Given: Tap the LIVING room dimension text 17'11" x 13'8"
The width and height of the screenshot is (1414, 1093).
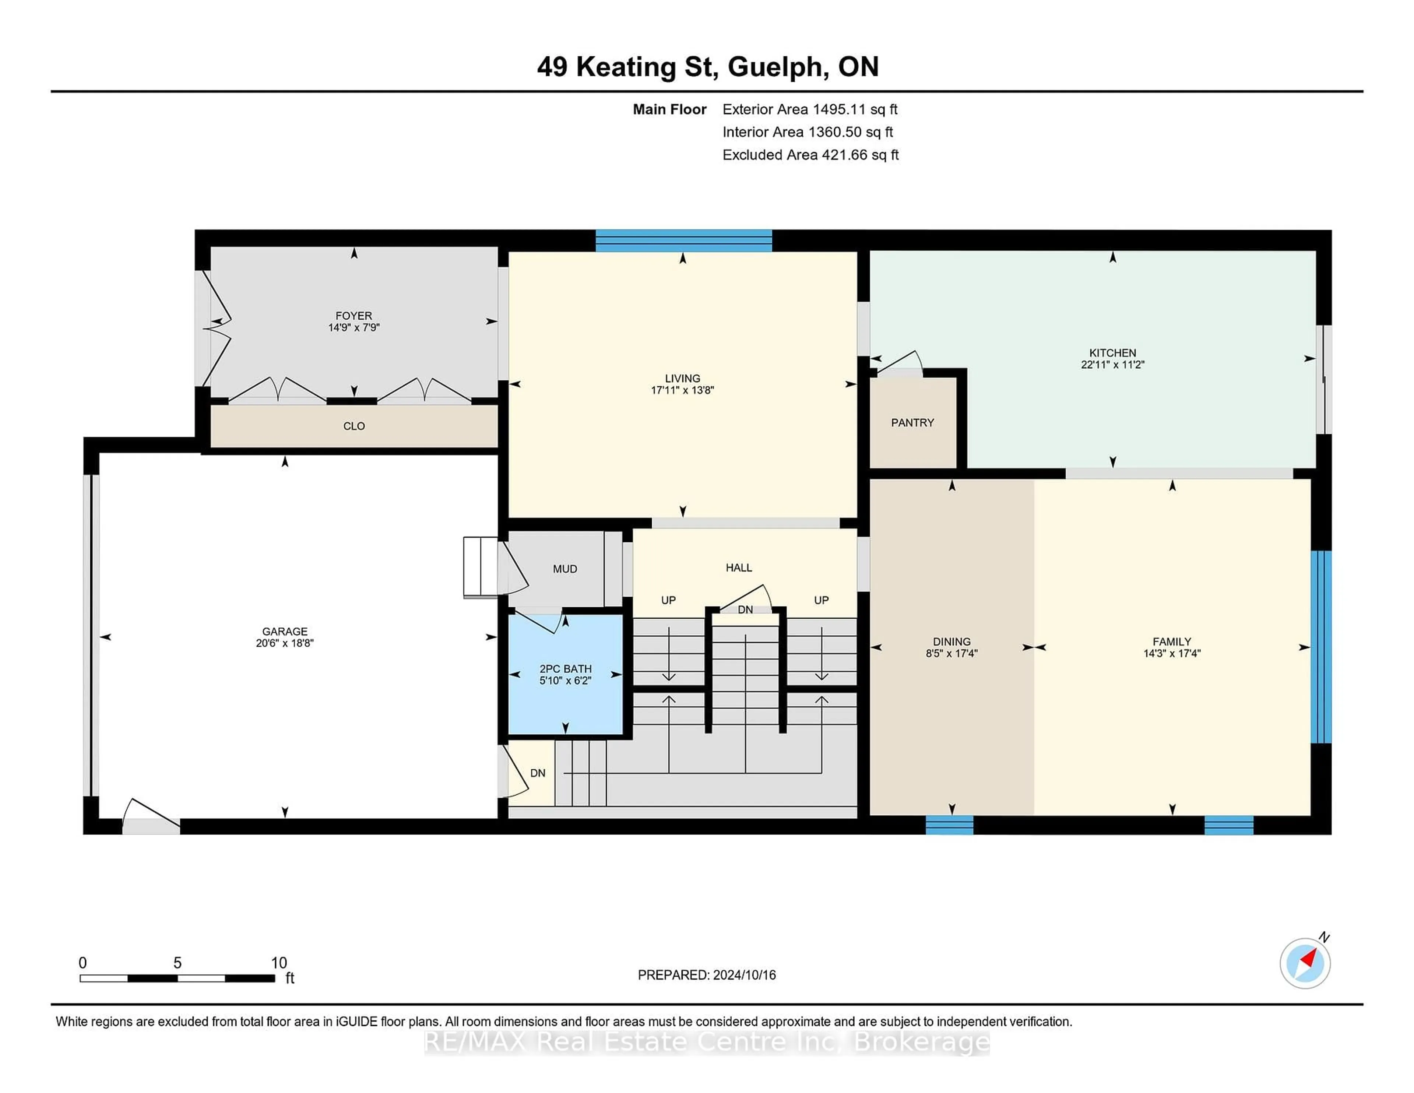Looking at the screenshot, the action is pos(682,390).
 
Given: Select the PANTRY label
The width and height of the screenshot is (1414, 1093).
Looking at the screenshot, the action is pos(912,423).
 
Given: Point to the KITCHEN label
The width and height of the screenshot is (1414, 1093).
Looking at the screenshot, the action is pos(1112,353).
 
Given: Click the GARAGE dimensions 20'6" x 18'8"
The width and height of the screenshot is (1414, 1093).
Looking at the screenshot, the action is pos(285,643).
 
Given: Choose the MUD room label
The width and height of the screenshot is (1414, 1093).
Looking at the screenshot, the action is pos(564,569).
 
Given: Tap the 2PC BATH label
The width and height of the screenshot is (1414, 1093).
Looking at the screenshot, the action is pos(565,669).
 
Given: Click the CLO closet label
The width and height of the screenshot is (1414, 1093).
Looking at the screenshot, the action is pos(354,426).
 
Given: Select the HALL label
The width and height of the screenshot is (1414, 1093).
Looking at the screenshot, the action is pos(739,568).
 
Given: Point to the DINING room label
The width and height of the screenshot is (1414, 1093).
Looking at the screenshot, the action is pos(952,642).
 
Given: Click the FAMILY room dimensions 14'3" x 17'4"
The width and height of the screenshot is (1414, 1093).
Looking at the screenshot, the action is pos(1172,653).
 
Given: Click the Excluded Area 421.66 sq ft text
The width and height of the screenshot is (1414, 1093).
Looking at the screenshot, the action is pos(810,155).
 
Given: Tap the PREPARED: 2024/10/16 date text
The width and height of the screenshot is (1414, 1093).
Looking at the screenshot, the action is pos(706,975).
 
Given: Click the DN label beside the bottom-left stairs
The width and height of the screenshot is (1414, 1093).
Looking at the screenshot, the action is pos(537,773).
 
